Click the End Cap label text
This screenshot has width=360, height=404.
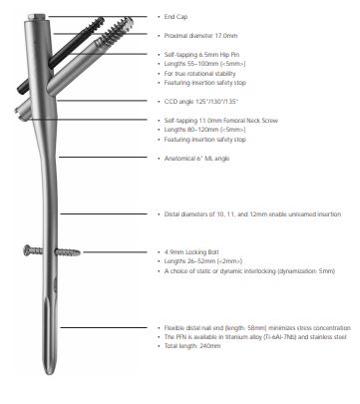click(x=176, y=17)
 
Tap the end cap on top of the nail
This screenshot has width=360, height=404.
click(x=37, y=17)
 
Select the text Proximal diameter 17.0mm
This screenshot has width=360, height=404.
click(x=200, y=36)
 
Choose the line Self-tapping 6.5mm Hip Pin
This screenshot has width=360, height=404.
click(x=201, y=55)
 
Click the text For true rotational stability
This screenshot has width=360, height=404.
click(x=199, y=74)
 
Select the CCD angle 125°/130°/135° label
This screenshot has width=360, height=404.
click(x=201, y=102)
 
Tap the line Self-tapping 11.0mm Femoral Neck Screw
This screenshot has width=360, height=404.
click(x=221, y=121)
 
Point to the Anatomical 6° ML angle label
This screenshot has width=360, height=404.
click(x=196, y=159)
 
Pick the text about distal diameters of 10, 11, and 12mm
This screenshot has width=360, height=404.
click(x=252, y=214)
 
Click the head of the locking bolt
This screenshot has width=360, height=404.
click(x=27, y=250)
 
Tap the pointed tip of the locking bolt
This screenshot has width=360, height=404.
click(x=79, y=252)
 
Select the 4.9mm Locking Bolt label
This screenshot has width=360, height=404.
click(x=191, y=252)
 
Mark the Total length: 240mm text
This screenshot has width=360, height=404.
click(x=192, y=346)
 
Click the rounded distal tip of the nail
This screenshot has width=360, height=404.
click(x=49, y=371)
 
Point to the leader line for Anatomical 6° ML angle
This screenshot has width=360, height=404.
click(x=103, y=158)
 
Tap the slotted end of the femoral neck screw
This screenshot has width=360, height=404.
click(x=22, y=113)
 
